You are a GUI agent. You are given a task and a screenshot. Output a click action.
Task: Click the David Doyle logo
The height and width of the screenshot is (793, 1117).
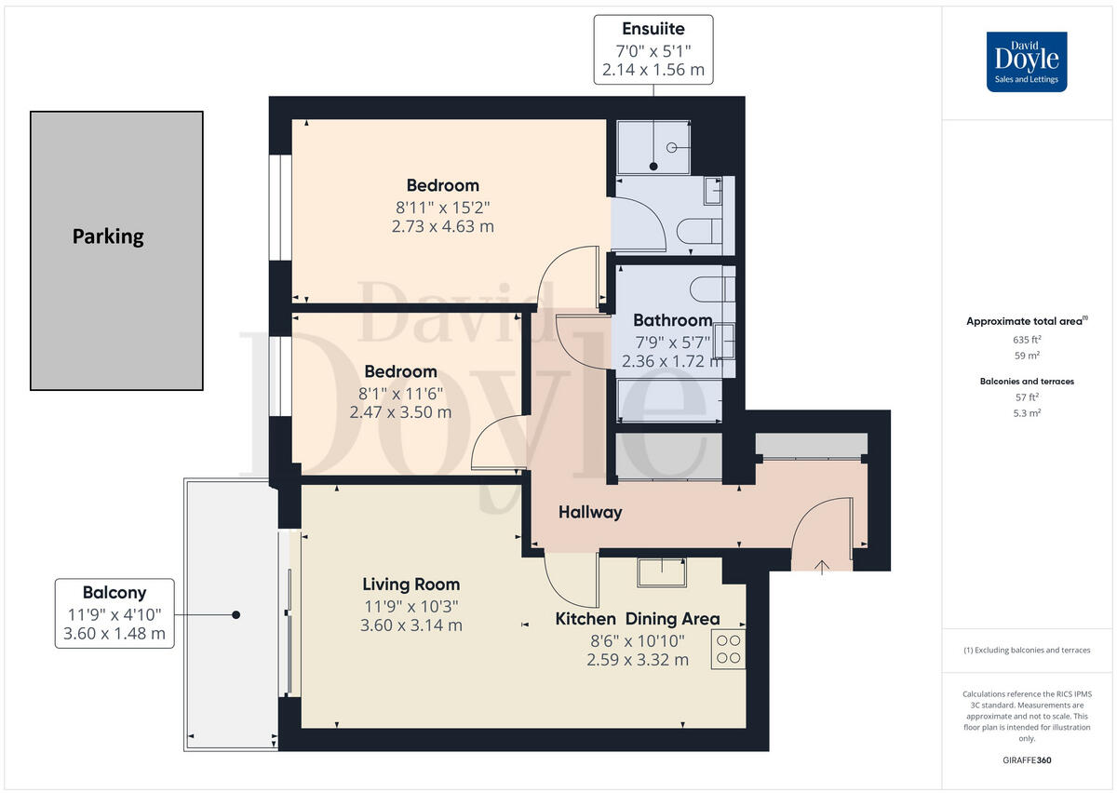[1026, 61]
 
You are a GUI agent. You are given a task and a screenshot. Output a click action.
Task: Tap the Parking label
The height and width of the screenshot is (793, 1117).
[108, 236]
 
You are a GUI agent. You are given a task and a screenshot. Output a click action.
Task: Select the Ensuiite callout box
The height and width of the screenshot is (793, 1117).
[653, 49]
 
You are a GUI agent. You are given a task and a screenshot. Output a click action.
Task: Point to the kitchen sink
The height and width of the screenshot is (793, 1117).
[662, 571]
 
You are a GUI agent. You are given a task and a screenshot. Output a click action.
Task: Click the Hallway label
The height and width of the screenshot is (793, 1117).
[590, 512]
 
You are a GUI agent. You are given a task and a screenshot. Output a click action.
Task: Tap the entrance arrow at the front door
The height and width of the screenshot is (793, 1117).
[822, 565]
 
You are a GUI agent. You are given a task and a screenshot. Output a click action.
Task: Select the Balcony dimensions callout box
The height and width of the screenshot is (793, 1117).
[114, 612]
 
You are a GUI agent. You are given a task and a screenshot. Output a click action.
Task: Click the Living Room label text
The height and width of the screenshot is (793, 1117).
[410, 585]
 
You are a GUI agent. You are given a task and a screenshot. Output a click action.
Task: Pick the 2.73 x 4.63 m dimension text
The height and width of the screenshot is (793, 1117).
[442, 226]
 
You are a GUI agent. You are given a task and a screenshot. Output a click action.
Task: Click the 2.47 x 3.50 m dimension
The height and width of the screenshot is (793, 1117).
[400, 411]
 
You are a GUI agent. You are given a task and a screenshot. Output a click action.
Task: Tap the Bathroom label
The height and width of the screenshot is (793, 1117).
[672, 321]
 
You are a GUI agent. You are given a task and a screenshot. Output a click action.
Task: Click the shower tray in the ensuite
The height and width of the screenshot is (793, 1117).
[653, 146]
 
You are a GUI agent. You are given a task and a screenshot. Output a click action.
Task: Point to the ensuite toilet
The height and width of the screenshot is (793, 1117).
[696, 231]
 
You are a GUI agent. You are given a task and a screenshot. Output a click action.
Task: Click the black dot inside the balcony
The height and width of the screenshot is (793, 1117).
[236, 615]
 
